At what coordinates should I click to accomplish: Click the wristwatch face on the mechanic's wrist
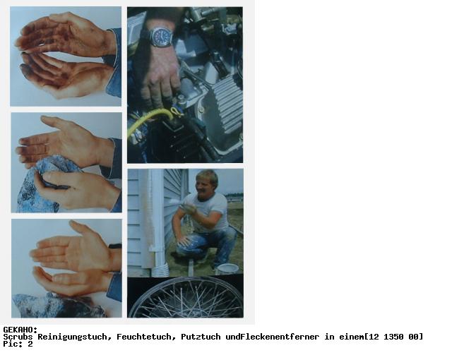(x=162, y=37)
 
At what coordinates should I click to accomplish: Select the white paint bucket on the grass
(x=227, y=269)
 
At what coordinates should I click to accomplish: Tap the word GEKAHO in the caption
(x=18, y=330)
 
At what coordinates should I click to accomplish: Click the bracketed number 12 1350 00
(x=394, y=337)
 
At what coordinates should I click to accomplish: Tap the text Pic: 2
(x=18, y=344)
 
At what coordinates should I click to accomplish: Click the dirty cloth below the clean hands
(x=58, y=306)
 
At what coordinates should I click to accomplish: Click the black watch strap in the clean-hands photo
(x=115, y=246)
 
